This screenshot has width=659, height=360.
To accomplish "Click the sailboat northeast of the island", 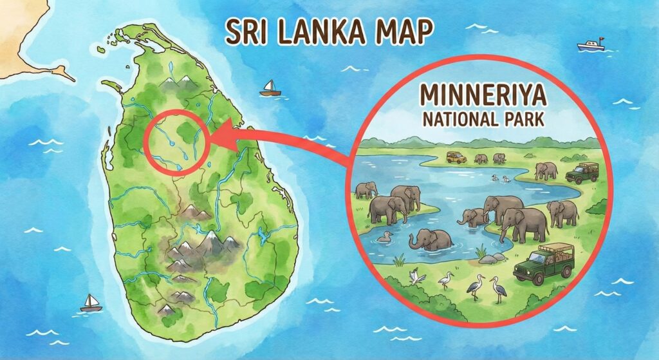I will (270, 89).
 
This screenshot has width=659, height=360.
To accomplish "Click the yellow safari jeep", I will (457, 156).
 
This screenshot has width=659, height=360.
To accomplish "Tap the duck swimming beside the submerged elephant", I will (385, 238).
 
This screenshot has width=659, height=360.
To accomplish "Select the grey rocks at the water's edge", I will (490, 258).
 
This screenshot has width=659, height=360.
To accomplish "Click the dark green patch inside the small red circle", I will (189, 131).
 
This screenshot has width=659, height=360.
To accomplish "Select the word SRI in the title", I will (242, 30).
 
